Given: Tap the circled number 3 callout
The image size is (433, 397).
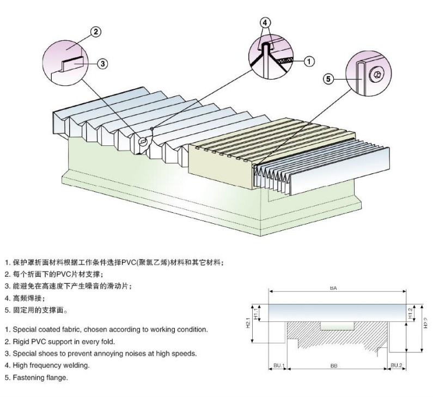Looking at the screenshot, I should tap(102, 63).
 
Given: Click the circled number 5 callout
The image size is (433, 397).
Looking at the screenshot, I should tap(328, 79).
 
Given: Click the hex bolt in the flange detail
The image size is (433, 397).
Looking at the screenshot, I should tap(377, 75).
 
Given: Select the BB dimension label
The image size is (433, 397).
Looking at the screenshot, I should tap(333, 365).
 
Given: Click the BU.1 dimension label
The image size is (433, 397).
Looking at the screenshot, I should tap(278, 365).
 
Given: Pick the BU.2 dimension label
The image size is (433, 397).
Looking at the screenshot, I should tap(396, 365).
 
